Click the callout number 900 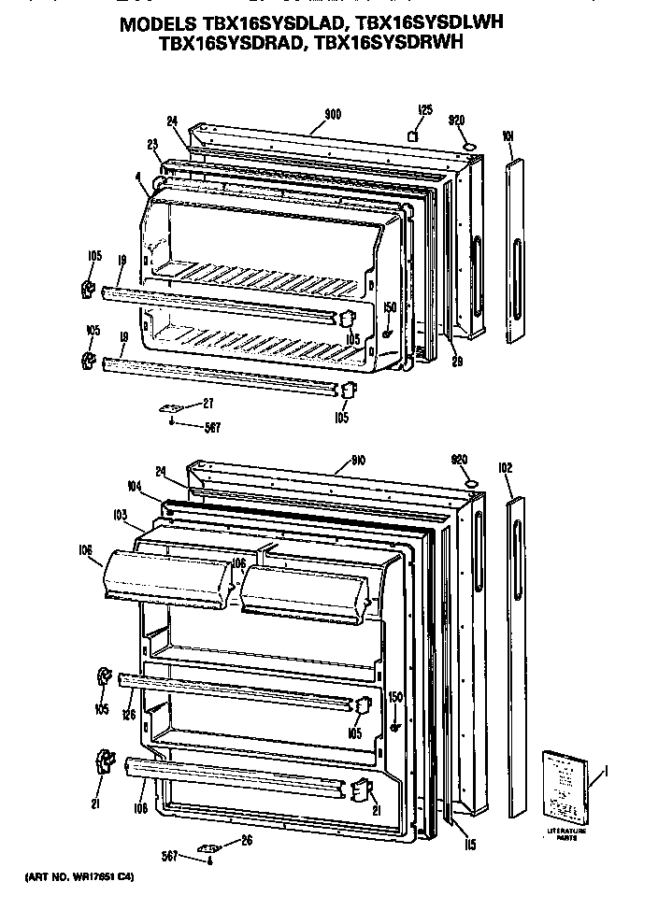click(332, 115)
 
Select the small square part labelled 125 click(412, 135)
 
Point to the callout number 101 click(508, 136)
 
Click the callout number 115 click(468, 845)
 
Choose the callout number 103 click(120, 515)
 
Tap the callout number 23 click(151, 144)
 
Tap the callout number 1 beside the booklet click(607, 772)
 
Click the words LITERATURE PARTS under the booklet click(566, 833)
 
